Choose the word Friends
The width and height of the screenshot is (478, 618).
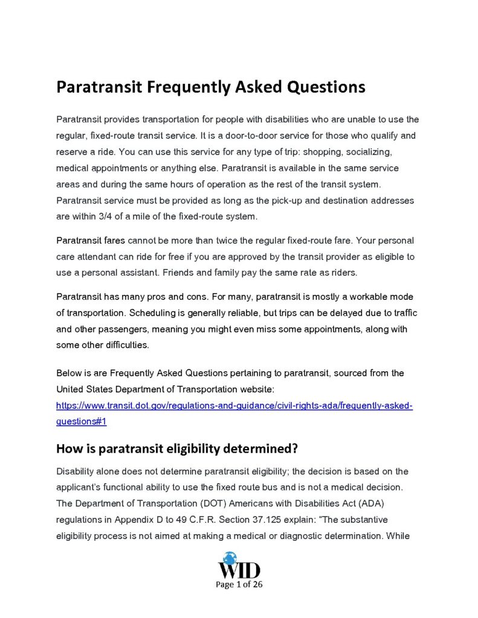[x=178, y=272]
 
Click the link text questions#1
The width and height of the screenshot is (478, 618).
[x=81, y=421]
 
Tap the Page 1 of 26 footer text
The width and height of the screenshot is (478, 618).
[x=239, y=584]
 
